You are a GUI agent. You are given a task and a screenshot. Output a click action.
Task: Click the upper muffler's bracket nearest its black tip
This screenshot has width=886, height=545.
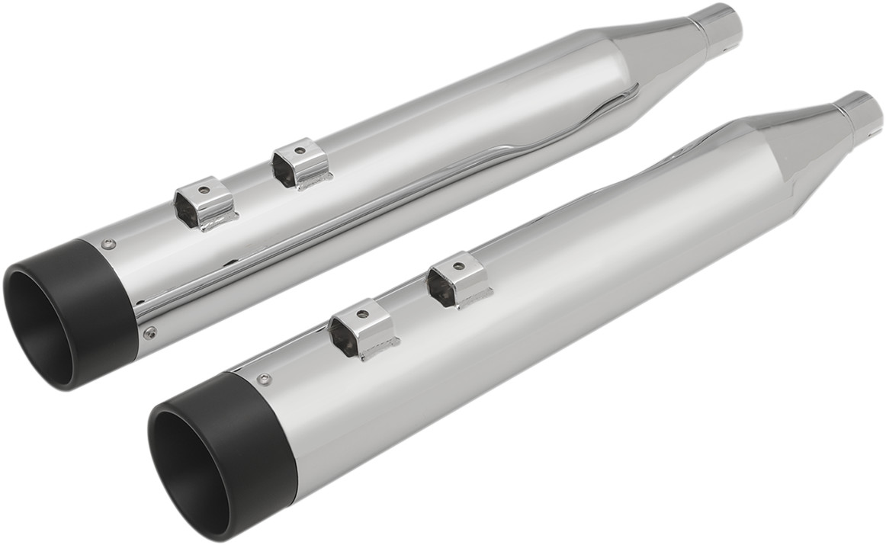(204, 204)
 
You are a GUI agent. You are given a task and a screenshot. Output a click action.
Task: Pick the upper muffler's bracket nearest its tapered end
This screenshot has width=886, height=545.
(302, 162)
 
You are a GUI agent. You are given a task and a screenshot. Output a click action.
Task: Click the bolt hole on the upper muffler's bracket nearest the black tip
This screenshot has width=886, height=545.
(204, 189)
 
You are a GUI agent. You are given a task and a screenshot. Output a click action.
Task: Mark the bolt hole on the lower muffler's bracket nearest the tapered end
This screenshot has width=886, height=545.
(457, 267)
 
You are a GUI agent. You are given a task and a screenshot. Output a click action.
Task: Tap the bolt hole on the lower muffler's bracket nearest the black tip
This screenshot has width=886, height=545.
(363, 313)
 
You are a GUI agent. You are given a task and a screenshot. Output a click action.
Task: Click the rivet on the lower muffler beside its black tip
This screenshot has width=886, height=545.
(265, 379)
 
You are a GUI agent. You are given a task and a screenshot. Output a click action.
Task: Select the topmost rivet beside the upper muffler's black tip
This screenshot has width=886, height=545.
(109, 245)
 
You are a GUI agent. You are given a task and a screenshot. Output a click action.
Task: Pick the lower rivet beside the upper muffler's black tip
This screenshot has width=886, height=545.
(151, 332)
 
